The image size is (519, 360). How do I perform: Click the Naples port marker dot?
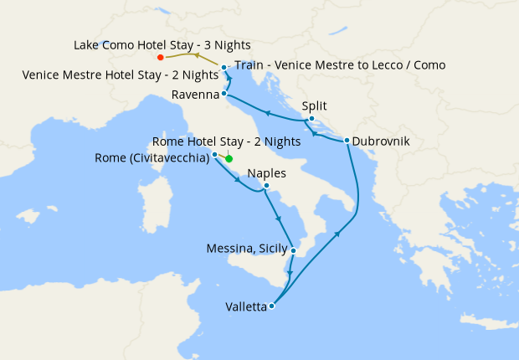pos(266,186)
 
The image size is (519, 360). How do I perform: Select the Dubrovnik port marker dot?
pos(346,141)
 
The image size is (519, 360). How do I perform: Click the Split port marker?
pos(311,118)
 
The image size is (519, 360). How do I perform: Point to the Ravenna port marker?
pos(224,95)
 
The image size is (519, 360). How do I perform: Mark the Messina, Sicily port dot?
pos(293,249)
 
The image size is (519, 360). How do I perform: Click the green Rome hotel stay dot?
pos(229,158)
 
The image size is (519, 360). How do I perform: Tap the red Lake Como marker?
pos(160,58)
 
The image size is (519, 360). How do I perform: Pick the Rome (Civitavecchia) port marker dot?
pos(215,155)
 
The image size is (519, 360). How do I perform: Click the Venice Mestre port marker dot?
pos(224,67)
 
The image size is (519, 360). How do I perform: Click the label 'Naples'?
pos(266,173)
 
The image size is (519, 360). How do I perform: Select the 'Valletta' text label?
pos(246,307)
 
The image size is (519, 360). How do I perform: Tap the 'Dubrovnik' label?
pos(381,141)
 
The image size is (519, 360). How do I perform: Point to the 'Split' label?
pos(314,105)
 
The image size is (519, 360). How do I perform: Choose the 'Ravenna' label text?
pos(195,95)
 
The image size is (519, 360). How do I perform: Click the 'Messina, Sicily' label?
pos(247,249)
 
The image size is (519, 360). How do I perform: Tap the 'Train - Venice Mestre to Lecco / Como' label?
pos(340,65)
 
